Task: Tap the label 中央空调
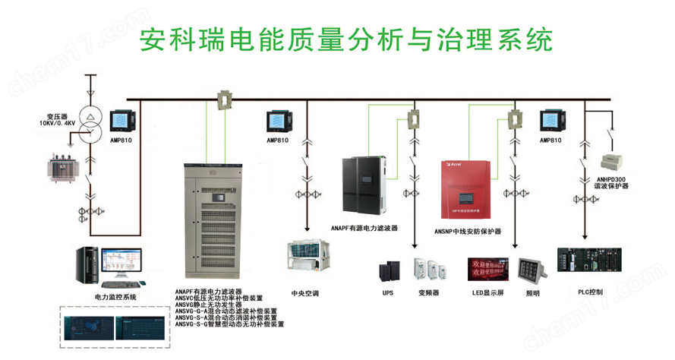(305, 292)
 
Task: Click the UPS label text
(388, 292)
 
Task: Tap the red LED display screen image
(490, 270)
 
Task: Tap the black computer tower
(87, 267)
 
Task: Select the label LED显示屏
(491, 292)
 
